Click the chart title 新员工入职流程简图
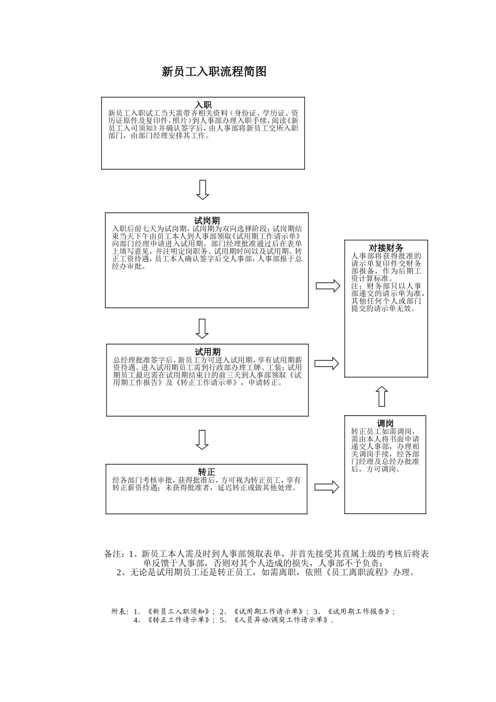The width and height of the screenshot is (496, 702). click(x=214, y=72)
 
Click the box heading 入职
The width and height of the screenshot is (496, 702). click(x=203, y=105)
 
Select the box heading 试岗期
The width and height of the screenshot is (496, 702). click(x=207, y=221)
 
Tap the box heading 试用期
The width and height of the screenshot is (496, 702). click(x=207, y=352)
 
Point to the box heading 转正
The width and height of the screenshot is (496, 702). click(x=207, y=472)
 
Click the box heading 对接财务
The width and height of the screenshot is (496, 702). click(x=386, y=248)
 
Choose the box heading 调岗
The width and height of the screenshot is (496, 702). click(x=385, y=424)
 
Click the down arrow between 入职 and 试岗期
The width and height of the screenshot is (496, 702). click(x=203, y=190)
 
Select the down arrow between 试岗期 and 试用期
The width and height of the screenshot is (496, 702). click(x=202, y=329)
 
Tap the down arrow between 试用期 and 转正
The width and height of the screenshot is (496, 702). click(x=202, y=440)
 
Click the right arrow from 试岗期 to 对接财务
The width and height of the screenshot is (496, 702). click(x=328, y=286)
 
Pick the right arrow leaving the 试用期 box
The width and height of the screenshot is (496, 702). click(x=327, y=364)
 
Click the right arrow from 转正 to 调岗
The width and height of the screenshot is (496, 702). click(x=327, y=487)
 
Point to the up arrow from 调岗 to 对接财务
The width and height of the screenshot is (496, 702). click(x=382, y=396)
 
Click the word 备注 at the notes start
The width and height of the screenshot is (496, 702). click(x=113, y=554)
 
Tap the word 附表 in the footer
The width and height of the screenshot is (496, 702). click(x=120, y=612)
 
